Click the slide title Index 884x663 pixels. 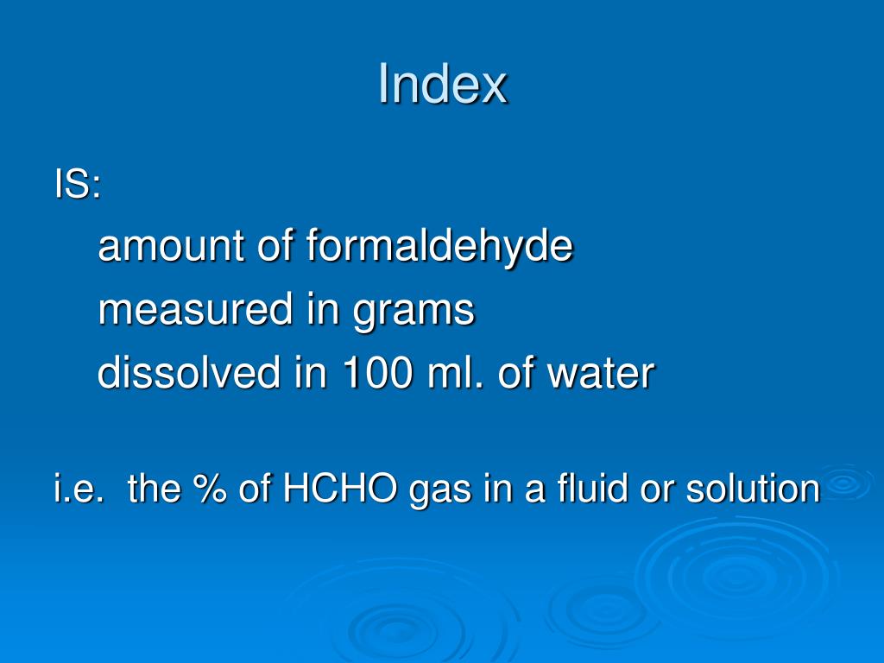pyautogui.click(x=442, y=85)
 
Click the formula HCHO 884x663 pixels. pyautogui.click(x=342, y=489)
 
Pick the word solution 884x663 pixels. pyautogui.click(x=752, y=489)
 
